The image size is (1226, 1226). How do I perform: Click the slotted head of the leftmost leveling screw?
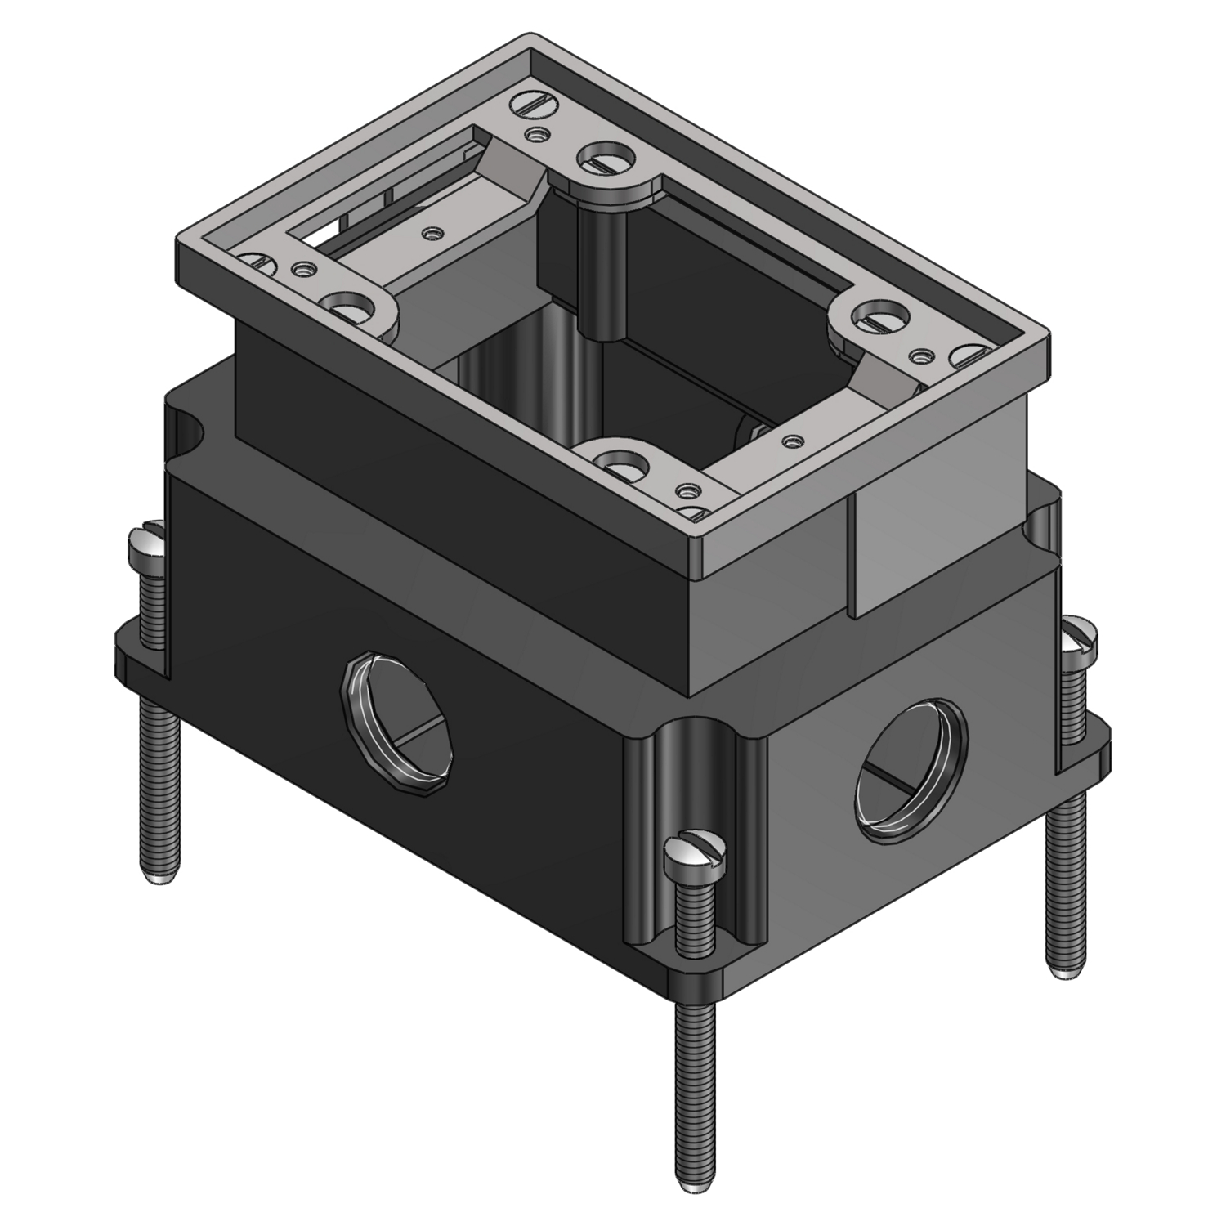pos(147,542)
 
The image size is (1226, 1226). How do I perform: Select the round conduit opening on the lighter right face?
pos(911,768)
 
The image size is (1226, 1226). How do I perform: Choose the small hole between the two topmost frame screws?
pos(536,134)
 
